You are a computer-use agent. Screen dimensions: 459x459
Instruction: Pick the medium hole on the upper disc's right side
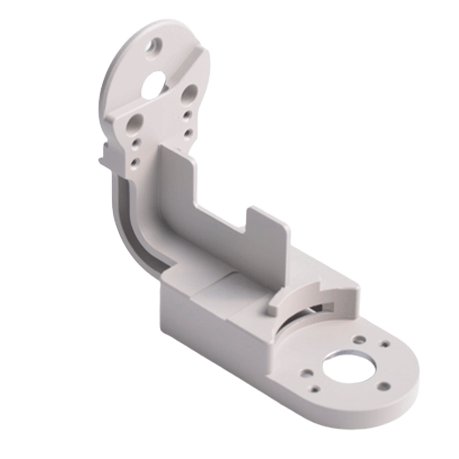pos(189,94)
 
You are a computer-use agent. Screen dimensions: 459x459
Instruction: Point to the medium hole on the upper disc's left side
pos(136,123)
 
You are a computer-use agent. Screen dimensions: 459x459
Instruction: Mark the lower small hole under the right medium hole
pos(187,133)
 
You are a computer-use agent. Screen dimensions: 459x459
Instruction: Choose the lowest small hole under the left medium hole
pos(134,162)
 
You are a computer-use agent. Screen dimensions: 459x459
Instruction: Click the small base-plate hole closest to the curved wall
pos(360,340)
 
